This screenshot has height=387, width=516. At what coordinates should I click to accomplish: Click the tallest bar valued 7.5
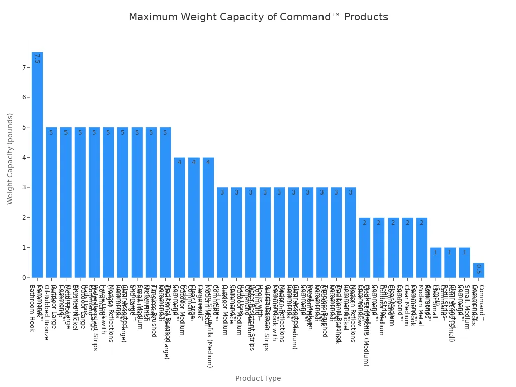click(x=37, y=165)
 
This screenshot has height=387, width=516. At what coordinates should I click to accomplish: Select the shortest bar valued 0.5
click(x=478, y=270)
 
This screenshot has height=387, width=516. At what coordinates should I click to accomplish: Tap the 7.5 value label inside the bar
click(x=37, y=59)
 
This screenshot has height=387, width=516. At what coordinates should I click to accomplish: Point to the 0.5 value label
click(x=478, y=269)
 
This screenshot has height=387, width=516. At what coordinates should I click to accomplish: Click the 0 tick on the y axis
click(x=23, y=278)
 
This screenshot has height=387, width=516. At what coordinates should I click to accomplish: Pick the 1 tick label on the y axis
click(x=23, y=247)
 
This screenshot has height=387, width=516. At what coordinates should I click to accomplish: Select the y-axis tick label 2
click(x=23, y=218)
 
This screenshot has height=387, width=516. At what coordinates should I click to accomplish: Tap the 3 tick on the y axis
click(x=23, y=187)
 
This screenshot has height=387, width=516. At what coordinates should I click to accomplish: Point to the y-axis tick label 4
click(x=23, y=157)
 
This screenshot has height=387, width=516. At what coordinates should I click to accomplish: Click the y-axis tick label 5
click(x=23, y=127)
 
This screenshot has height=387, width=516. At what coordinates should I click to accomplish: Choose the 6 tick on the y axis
click(x=23, y=97)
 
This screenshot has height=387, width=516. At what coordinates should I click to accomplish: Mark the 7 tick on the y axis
click(x=23, y=67)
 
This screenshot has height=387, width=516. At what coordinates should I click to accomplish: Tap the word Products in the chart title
click(x=367, y=17)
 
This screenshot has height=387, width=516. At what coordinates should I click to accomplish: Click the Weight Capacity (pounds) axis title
click(x=10, y=159)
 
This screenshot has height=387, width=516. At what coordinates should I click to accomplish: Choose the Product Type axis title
click(x=258, y=378)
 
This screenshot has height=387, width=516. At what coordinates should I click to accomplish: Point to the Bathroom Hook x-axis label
click(x=32, y=308)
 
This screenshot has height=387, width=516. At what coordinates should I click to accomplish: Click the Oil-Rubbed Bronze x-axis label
click(x=46, y=312)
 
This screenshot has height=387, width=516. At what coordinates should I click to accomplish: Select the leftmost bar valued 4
click(x=179, y=218)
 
